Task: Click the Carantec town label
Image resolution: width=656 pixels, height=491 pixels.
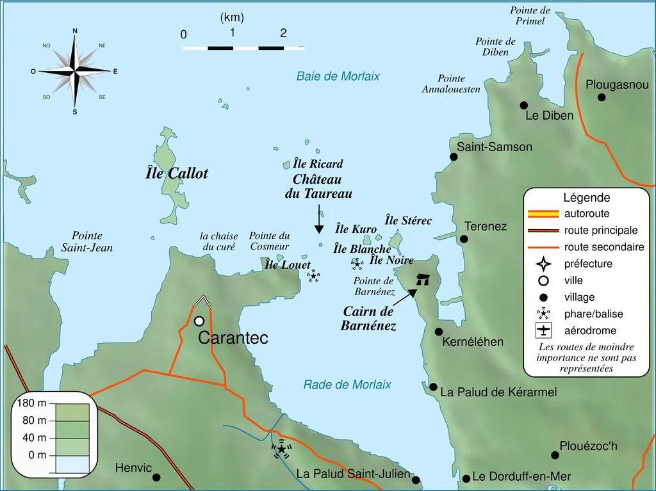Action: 233,338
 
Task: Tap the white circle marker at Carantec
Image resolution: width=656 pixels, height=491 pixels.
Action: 199,321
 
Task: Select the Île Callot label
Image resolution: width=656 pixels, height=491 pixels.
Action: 177,173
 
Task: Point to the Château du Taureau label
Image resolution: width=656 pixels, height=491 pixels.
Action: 318,186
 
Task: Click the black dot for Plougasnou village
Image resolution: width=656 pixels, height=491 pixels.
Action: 602,97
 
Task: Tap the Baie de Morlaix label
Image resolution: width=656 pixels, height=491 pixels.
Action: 338,76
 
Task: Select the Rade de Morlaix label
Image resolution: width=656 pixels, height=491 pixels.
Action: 347,385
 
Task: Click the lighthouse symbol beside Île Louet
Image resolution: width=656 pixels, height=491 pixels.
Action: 313,276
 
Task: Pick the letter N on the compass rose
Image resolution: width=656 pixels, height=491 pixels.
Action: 75,31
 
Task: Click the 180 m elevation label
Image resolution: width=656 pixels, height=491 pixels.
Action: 31,403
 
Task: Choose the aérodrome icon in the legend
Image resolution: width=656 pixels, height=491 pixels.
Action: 543,331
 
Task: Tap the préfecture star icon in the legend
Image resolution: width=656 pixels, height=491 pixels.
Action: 543,264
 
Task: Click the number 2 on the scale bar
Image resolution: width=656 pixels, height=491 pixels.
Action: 283,33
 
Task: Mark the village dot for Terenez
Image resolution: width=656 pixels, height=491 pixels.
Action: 464,239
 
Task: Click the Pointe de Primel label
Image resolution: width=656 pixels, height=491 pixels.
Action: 530,16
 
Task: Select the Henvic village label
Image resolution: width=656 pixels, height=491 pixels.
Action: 133,468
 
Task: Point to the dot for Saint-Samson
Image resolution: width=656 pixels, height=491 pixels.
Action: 454,157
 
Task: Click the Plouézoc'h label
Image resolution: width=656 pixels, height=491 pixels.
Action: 588,446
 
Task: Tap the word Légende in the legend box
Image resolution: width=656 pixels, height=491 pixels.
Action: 586,198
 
